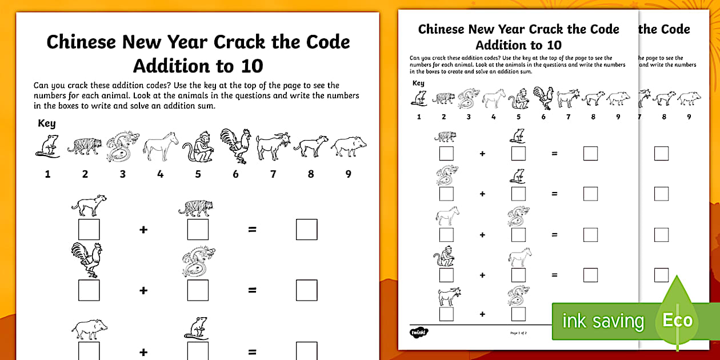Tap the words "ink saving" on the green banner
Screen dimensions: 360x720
click(x=603, y=321)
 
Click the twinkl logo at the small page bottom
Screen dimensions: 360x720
click(x=419, y=332)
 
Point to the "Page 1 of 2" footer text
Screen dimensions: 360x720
click(x=518, y=332)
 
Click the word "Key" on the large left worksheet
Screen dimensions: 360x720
click(x=46, y=123)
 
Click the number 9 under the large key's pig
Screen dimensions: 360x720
click(x=348, y=174)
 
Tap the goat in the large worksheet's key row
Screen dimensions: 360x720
click(x=273, y=147)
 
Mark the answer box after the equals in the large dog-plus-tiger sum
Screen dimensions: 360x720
click(x=306, y=229)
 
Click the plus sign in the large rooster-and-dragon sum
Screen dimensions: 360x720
click(x=143, y=290)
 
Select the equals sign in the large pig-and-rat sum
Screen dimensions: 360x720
click(x=252, y=352)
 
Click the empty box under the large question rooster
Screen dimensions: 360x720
click(x=89, y=290)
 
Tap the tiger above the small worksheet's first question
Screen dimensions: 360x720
click(x=445, y=137)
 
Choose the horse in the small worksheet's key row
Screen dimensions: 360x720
click(x=494, y=98)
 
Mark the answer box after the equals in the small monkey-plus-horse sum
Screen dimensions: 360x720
click(x=590, y=275)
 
